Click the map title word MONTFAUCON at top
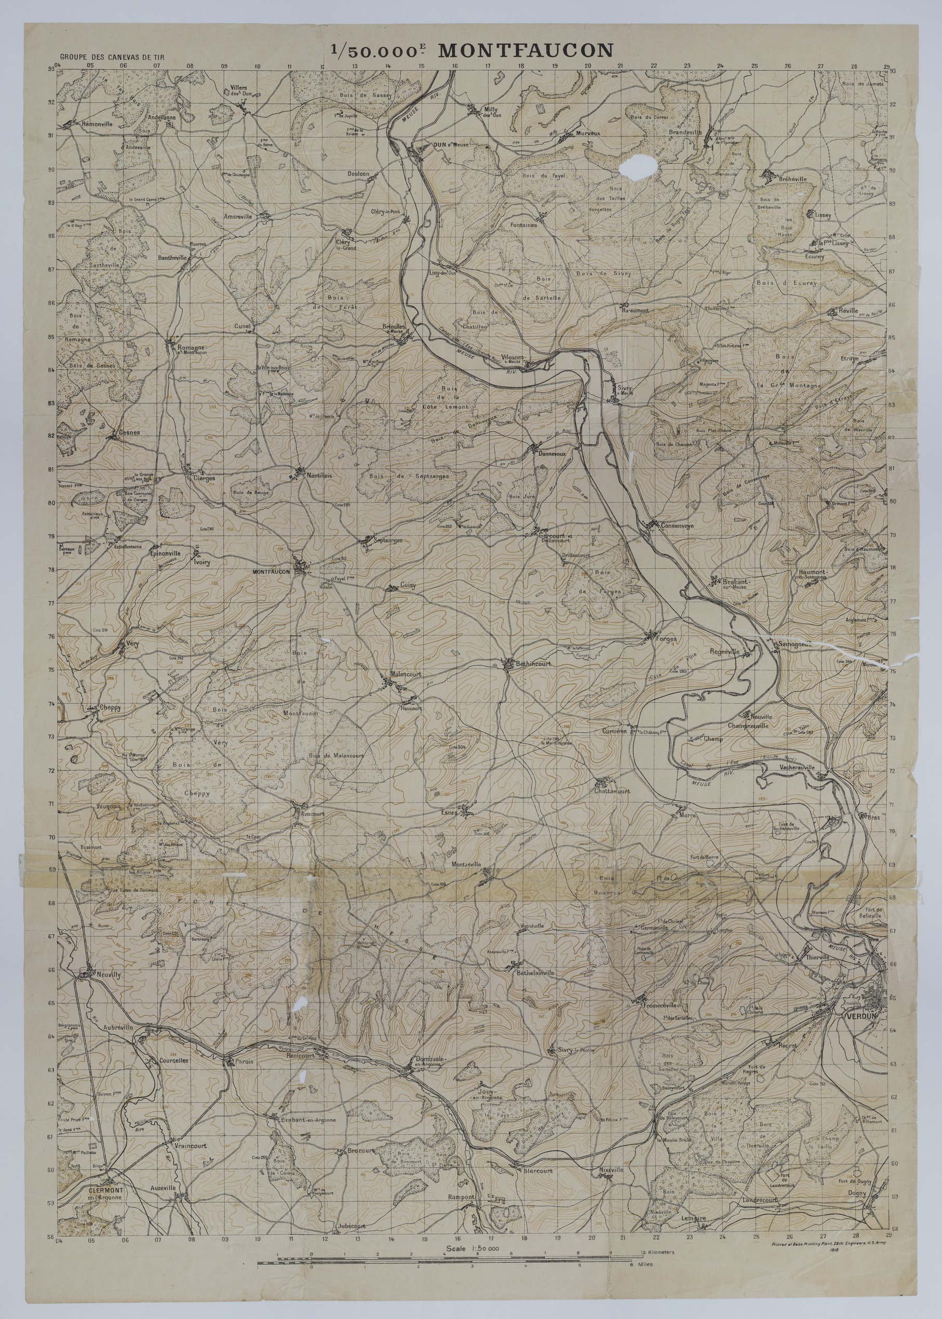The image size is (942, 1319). [525, 50]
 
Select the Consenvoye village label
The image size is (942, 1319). [676, 526]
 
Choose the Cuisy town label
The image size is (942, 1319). [408, 586]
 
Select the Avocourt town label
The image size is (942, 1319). [313, 813]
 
